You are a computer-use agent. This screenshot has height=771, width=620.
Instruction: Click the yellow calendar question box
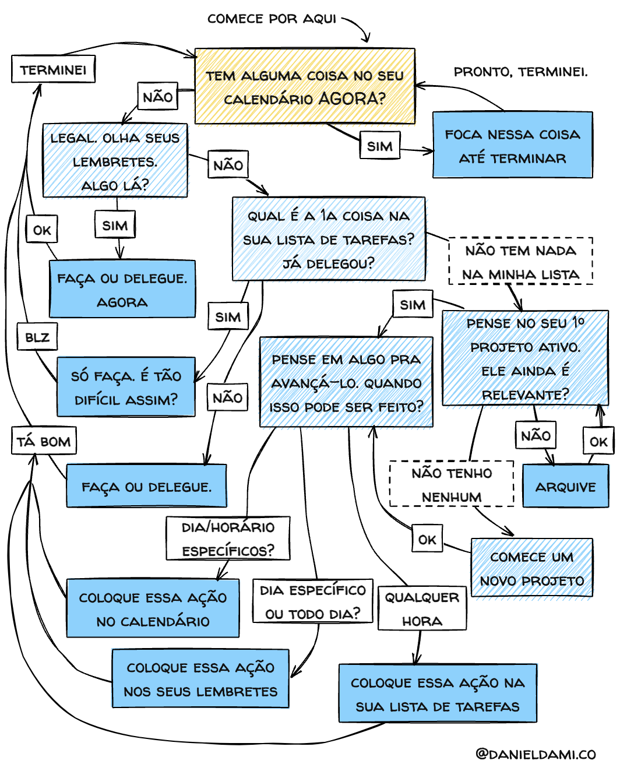305,86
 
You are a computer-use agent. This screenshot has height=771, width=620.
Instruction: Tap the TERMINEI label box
54,69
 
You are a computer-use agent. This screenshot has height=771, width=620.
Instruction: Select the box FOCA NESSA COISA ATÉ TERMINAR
512,145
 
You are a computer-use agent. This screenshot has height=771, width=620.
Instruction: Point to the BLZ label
37,337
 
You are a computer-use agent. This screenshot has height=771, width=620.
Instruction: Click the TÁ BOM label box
44,441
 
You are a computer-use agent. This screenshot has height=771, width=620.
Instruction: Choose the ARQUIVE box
566,486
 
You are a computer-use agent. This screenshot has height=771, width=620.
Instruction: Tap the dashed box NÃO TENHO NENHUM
452,484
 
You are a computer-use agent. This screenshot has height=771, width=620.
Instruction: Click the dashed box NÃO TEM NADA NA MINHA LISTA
521,261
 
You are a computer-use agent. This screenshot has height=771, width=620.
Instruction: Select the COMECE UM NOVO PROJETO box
532,568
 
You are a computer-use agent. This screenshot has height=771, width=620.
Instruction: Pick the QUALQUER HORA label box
422,608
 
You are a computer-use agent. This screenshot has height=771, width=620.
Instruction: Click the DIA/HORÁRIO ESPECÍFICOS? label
228,538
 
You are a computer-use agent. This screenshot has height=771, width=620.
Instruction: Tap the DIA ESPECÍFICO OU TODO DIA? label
312,601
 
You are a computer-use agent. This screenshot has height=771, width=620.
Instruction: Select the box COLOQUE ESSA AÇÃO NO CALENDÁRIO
153,608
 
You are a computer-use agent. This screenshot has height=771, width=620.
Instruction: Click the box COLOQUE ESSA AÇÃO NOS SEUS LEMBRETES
200,678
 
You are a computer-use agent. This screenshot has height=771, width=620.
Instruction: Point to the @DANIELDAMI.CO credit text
536,754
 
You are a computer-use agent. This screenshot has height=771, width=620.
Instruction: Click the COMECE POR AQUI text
272,19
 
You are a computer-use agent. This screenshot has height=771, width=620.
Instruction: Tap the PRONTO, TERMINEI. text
521,72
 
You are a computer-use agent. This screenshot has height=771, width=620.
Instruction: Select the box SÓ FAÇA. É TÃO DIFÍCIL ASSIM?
126,386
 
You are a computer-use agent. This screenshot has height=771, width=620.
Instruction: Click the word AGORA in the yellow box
352,98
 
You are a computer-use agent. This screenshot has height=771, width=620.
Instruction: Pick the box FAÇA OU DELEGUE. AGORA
122,289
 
